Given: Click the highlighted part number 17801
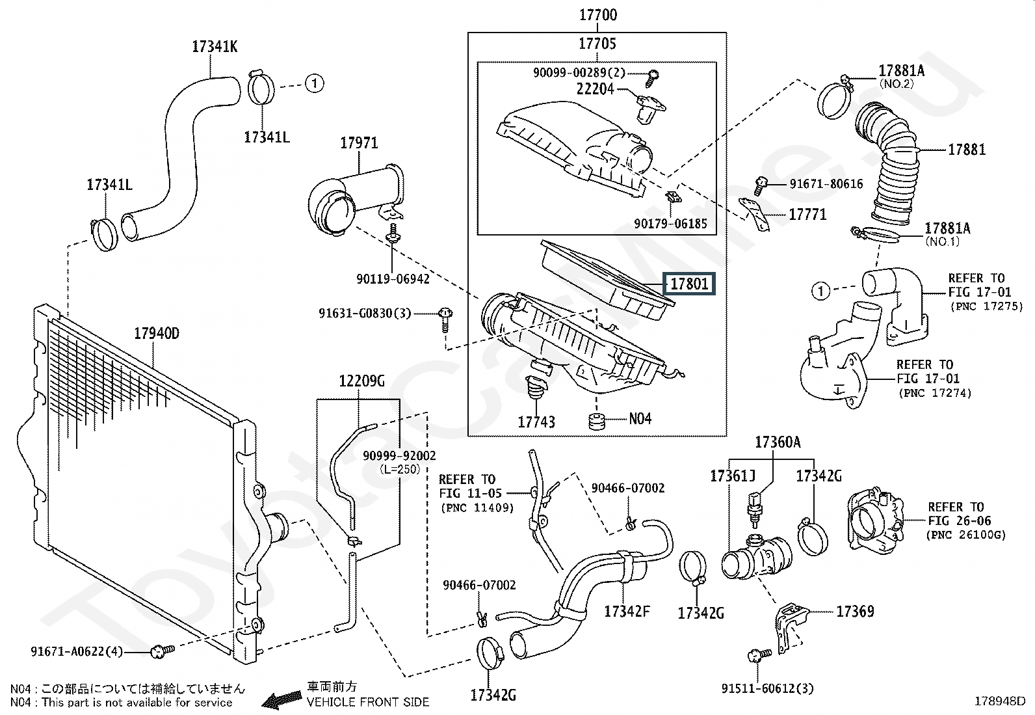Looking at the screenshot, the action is [x=689, y=284].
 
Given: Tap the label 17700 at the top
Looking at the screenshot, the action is [x=598, y=15].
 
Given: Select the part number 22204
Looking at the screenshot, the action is [x=595, y=88].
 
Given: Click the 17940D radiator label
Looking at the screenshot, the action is [x=157, y=333].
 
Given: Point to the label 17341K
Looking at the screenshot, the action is [x=215, y=46].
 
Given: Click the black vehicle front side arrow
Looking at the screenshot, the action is [x=282, y=700].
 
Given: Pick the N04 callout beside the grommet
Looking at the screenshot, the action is [x=640, y=418].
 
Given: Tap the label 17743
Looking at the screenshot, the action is [x=536, y=422].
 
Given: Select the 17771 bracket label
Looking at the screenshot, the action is [x=807, y=214].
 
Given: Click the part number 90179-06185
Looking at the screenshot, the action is [x=670, y=224].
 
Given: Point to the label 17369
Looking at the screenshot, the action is [x=856, y=612].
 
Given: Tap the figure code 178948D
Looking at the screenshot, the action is [x=999, y=701].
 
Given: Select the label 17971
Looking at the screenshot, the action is [x=359, y=143].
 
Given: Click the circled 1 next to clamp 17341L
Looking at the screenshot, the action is [x=315, y=83].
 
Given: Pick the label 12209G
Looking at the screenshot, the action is [x=361, y=381].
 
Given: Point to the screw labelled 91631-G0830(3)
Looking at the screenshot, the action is [x=445, y=319].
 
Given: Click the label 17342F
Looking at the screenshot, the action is [x=627, y=612].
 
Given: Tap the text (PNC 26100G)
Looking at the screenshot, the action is [x=965, y=535].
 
